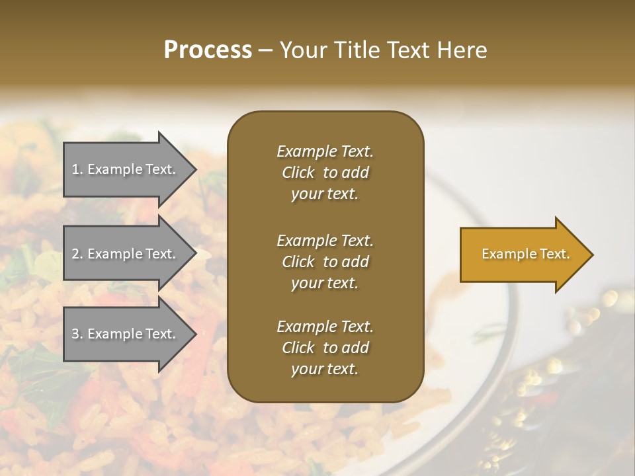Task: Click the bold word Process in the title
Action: point(208,50)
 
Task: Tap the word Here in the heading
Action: point(462,50)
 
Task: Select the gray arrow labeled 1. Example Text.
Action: point(124,169)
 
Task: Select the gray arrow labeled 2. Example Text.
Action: point(124,254)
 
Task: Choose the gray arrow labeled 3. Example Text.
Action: point(124,334)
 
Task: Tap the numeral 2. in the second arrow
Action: point(77,254)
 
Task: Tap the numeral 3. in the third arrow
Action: point(77,334)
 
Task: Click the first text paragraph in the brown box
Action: point(325,173)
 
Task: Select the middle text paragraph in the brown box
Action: point(325,262)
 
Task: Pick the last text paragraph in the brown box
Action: point(325,348)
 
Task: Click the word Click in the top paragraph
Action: point(298,173)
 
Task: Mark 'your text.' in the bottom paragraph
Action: point(325,369)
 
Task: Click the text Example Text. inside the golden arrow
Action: point(525,254)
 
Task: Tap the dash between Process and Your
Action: point(265,50)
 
